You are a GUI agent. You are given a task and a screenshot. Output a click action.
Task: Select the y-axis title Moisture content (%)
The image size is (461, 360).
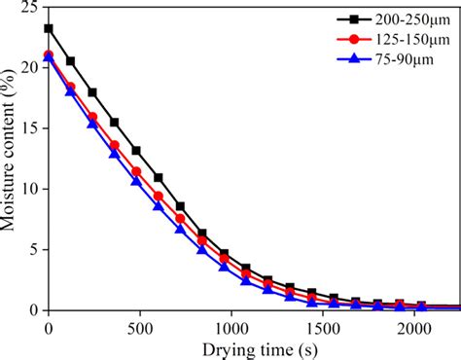click(x=11, y=158)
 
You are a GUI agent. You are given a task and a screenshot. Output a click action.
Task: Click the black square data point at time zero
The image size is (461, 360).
click(x=49, y=28)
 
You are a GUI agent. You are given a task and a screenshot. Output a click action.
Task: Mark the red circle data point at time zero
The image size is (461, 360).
click(x=49, y=55)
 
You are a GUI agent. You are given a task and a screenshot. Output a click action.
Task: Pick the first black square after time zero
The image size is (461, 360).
click(x=71, y=61)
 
